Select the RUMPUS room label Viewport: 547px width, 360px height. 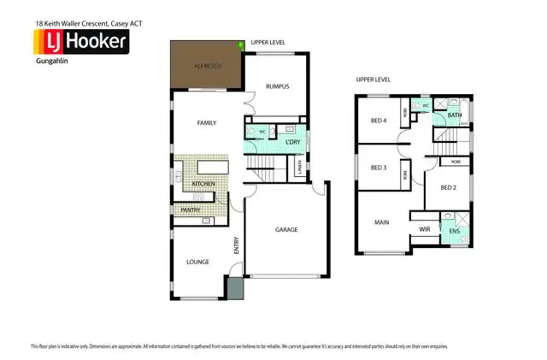[278, 86]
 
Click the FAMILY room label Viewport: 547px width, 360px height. [207, 123]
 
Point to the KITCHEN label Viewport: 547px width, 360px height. [203, 184]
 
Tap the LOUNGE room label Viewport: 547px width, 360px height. [198, 262]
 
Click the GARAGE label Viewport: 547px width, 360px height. [286, 230]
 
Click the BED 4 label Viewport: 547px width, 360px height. [379, 121]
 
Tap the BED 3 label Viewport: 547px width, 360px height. [379, 168]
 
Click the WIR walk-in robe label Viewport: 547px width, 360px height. [425, 229]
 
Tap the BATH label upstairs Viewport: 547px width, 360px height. [455, 115]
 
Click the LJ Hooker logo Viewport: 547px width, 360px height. [80, 41]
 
